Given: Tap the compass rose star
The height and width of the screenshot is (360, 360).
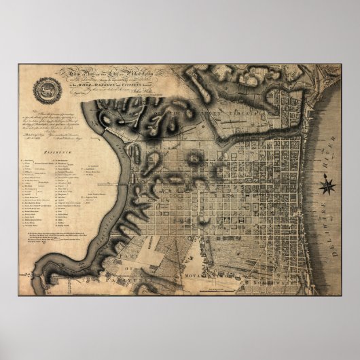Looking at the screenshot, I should (x=328, y=183).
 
